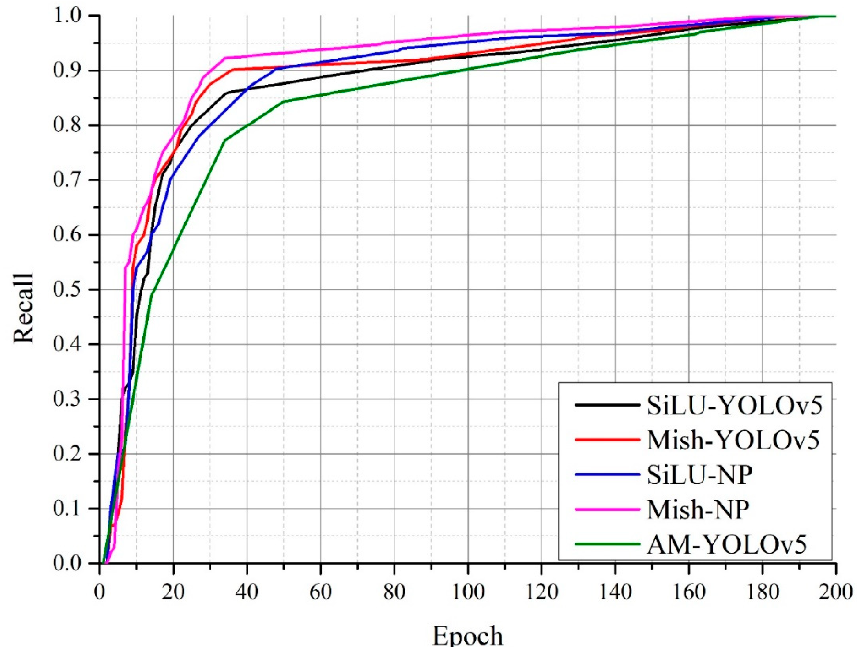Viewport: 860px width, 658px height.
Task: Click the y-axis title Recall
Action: (x=23, y=309)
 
